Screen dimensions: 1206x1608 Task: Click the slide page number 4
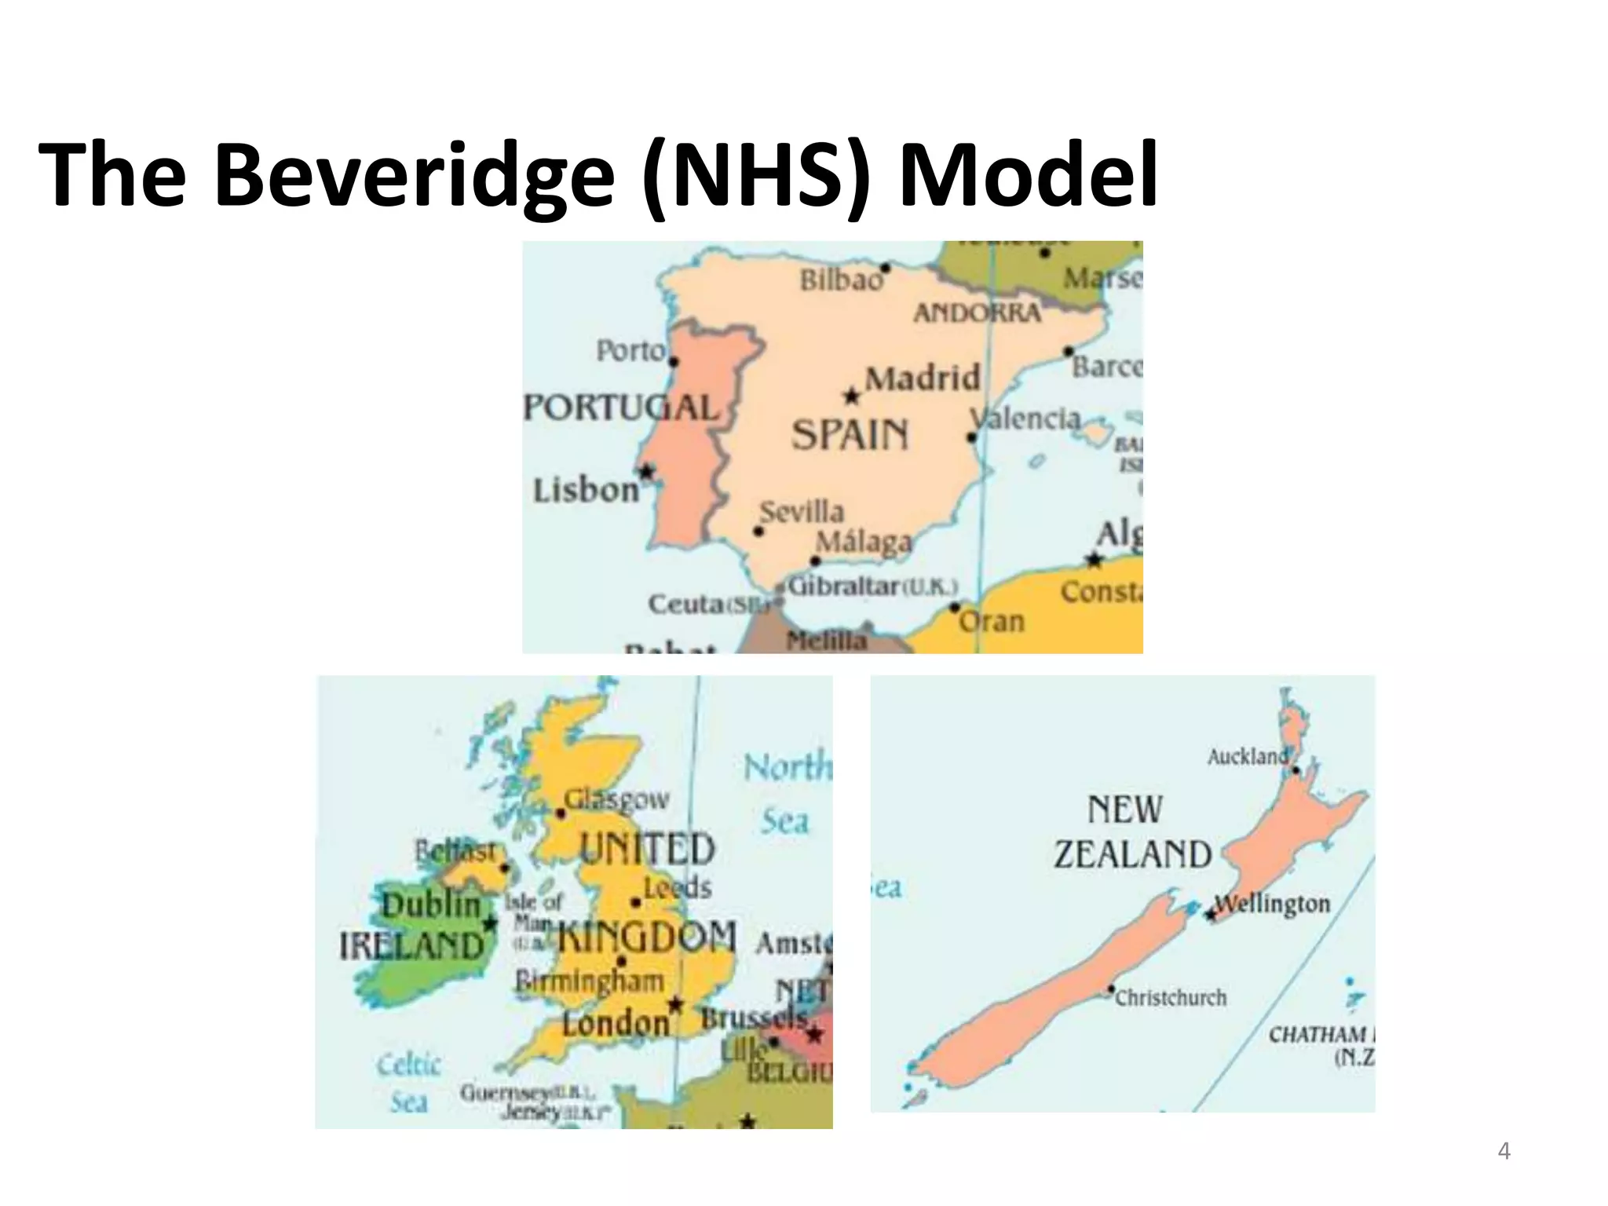tap(1504, 1152)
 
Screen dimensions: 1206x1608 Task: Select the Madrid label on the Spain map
tap(923, 378)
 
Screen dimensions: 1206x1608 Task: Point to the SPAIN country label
tap(850, 435)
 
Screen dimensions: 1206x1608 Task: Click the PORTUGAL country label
tap(621, 407)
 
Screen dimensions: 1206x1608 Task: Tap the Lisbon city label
tap(586, 491)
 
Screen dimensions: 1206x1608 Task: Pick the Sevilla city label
tap(802, 513)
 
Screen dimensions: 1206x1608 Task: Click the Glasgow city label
tap(617, 799)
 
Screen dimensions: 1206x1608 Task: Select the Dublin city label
tap(431, 904)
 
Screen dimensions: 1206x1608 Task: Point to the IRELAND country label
tap(411, 945)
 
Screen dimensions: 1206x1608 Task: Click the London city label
tap(616, 1022)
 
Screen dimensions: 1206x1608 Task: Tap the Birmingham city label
tap(590, 981)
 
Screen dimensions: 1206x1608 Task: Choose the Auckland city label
tap(1248, 757)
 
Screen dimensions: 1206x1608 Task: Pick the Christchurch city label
tap(1171, 998)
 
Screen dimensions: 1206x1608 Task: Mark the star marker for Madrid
tap(852, 396)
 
